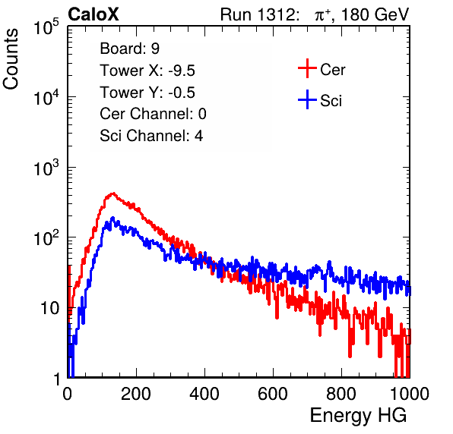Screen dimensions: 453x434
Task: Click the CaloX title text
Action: pos(93,14)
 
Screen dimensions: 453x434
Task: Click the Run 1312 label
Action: pos(260,14)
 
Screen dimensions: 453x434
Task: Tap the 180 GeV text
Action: pos(375,14)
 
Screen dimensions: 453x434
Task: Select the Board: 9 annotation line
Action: pos(130,49)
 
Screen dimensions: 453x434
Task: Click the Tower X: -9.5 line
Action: pos(147,71)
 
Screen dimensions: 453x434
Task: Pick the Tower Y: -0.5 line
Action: pos(147,93)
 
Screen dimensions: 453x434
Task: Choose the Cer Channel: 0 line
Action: pos(153,114)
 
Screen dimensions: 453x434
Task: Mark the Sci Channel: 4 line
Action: pos(151,135)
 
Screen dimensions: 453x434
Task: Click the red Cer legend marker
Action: pos(307,68)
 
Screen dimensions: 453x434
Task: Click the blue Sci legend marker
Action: pos(307,100)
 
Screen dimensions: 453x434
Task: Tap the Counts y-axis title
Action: pos(11,59)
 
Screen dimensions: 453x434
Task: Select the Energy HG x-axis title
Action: pos(358,415)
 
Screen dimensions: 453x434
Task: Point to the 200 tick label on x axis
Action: pos(136,393)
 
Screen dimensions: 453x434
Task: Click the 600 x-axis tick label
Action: pos(273,393)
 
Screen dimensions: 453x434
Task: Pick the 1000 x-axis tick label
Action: pos(410,393)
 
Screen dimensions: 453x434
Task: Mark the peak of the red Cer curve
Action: pos(113,193)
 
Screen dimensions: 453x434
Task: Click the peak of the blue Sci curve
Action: pos(112,218)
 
